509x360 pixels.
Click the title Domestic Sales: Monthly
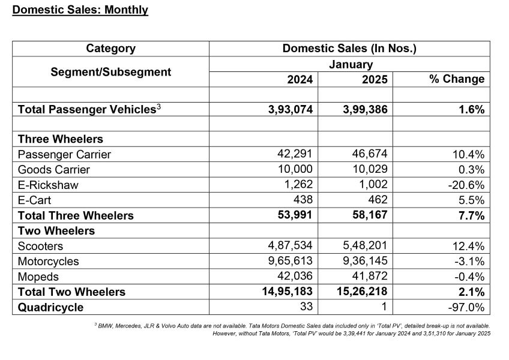80,10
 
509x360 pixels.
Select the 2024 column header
300,79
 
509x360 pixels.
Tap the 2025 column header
375,79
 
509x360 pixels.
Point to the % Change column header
457,79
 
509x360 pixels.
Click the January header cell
351,64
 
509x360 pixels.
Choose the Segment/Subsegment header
110,72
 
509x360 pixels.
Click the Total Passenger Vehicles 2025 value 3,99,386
365,109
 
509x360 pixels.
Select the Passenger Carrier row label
64,155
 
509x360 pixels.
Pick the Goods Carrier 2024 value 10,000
295,169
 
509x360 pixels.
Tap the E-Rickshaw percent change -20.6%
466,185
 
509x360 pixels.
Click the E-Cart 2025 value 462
378,199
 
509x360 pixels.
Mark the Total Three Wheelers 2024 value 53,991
295,215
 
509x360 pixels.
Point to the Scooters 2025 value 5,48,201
365,245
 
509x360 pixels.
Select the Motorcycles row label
49,262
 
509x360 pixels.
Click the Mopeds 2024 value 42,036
295,276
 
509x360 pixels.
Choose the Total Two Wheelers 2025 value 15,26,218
362,291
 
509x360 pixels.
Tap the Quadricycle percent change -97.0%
466,307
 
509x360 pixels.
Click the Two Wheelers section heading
56,231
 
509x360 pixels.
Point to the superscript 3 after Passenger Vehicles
158,106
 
